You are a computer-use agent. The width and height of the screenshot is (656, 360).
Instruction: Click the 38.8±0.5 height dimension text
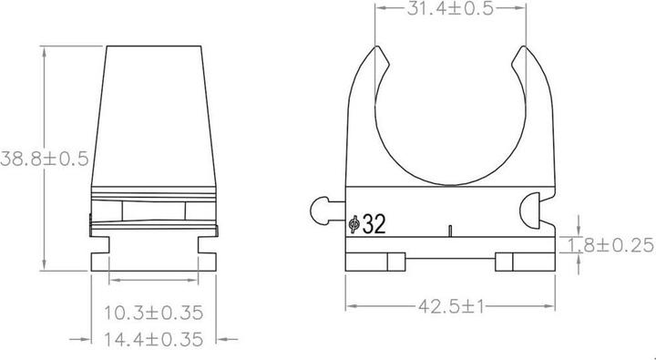click(44, 159)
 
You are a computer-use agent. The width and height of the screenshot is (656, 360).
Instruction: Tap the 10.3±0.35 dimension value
click(152, 313)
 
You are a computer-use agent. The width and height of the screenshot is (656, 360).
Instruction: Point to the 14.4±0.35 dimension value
click(152, 339)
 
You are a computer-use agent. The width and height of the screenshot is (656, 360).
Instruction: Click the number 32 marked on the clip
click(373, 224)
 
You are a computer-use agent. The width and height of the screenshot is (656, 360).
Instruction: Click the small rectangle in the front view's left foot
click(394, 262)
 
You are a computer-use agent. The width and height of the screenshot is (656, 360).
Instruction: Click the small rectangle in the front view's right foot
click(503, 262)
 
